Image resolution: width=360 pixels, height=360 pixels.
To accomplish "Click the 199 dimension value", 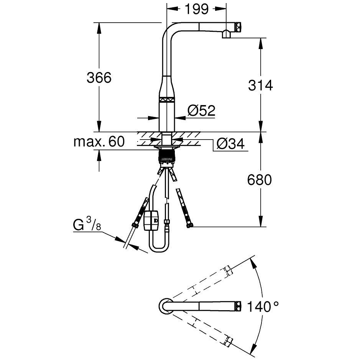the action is [x=197, y=9].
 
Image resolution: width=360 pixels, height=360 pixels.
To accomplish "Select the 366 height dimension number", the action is [x=99, y=77].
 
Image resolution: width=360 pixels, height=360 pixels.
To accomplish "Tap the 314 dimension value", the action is [x=260, y=85].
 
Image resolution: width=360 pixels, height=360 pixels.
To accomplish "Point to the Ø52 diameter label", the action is [x=201, y=110].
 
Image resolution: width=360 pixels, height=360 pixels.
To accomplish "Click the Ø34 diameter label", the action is [x=231, y=144].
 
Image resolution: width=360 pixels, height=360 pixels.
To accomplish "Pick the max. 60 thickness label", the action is [x=99, y=141].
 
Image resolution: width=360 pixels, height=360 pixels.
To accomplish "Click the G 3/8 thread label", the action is [x=87, y=224].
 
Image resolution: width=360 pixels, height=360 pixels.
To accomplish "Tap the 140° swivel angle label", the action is [x=263, y=306].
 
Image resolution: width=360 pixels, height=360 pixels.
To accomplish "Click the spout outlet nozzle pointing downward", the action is [x=226, y=34].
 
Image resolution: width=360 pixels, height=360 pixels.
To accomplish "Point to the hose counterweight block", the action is [x=151, y=220].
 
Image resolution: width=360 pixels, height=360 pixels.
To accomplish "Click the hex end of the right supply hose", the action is [x=190, y=225].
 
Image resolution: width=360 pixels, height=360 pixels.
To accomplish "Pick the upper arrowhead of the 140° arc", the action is [x=253, y=264].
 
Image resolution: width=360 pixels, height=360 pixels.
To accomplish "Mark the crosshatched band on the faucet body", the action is [x=167, y=100].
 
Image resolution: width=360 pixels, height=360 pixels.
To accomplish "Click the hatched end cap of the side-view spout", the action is [x=238, y=27].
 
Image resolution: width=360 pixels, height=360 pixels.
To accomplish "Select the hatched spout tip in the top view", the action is [x=238, y=306].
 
